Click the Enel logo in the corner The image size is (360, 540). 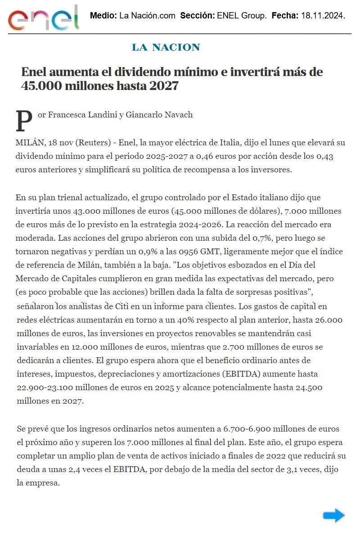(x=44, y=18)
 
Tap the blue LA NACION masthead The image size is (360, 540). (x=166, y=47)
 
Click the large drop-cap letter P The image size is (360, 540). (x=24, y=121)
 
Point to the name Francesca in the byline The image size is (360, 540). (x=64, y=115)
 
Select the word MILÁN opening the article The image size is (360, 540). (x=28, y=143)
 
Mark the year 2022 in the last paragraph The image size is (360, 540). (x=266, y=456)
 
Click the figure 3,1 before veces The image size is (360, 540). (x=296, y=469)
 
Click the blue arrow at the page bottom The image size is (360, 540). (x=333, y=515)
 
